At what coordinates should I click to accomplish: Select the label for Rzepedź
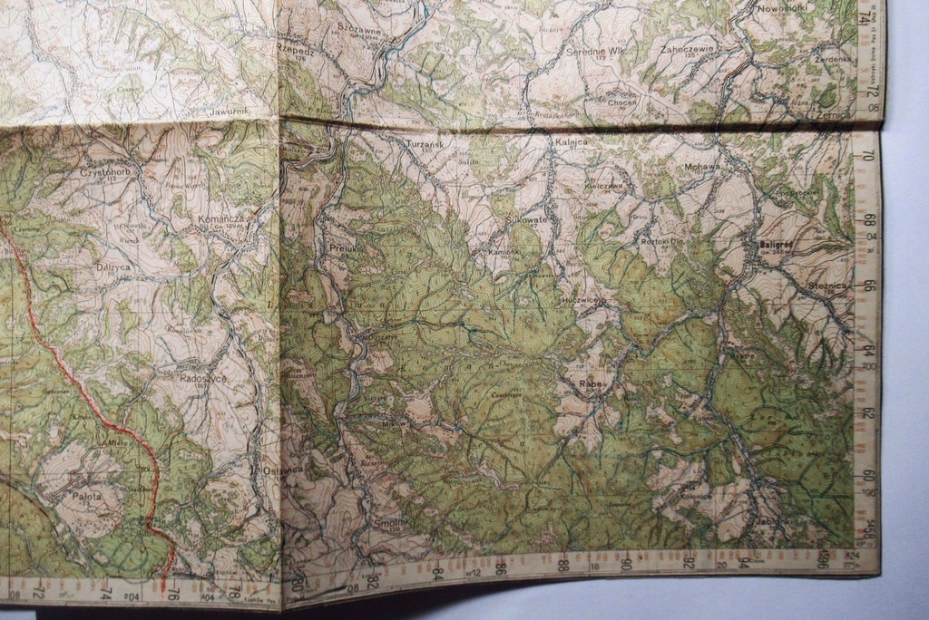click(x=296, y=51)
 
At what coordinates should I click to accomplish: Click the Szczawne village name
click(x=358, y=30)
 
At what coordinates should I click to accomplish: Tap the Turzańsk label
click(x=425, y=144)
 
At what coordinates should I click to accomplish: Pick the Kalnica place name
click(x=570, y=142)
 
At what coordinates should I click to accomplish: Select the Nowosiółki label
click(x=781, y=8)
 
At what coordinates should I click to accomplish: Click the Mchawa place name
click(x=701, y=167)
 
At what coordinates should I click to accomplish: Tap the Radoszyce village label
click(x=202, y=378)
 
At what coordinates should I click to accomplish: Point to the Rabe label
click(x=590, y=383)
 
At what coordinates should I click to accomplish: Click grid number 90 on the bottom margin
click(x=626, y=564)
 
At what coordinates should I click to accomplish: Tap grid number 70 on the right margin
click(x=869, y=155)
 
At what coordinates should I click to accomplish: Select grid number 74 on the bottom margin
click(x=104, y=592)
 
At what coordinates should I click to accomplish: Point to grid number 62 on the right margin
click(x=868, y=413)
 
